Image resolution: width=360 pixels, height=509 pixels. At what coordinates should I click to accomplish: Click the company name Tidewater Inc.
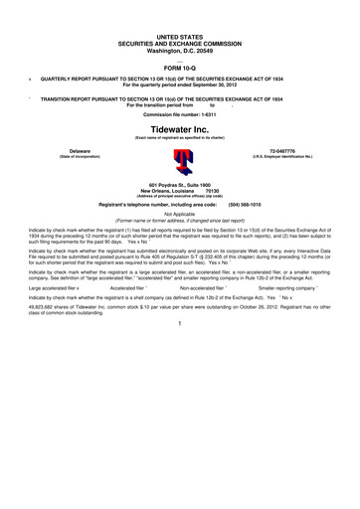pos(179,128)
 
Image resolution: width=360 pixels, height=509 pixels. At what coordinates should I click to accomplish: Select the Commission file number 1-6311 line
pos(179,114)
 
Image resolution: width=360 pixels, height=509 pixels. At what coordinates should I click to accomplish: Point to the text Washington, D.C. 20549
pos(179,48)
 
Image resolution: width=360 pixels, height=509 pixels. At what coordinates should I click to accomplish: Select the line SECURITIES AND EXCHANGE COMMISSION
pos(179,41)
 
